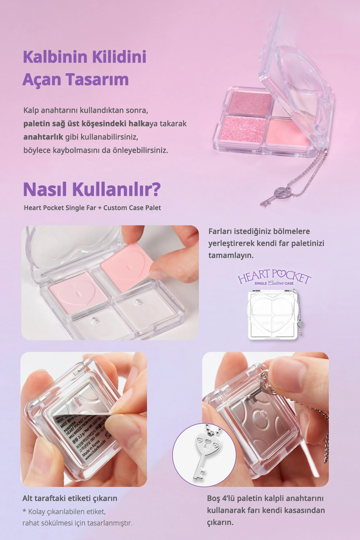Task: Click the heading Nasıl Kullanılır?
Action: (92, 189)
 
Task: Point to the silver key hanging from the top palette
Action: (274, 195)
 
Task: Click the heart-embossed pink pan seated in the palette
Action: (78, 292)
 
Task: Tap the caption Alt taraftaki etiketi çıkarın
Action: (70, 498)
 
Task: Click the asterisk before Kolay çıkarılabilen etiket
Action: (24, 511)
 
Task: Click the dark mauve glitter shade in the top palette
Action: (250, 103)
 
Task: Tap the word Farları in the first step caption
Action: (221, 232)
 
